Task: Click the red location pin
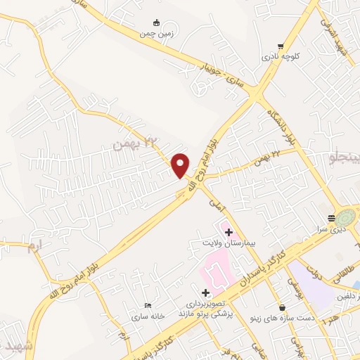pos(181,165)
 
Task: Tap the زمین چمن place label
pos(155,33)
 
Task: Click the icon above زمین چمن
pos(156,22)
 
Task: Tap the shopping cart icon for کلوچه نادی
pos(281,41)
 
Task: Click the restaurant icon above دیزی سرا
pos(331,218)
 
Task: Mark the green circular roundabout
pos(347,217)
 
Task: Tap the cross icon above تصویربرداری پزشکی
pos(205,292)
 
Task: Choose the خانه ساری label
pos(146,316)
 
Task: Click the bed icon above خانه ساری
pos(147,305)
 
